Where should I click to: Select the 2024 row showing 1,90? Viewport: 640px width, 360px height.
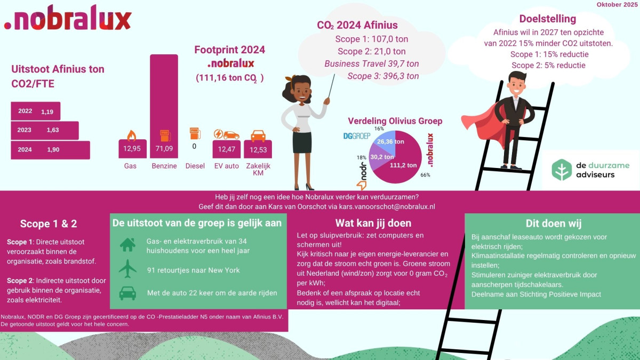(50, 150)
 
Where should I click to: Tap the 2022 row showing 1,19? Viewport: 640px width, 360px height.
(36, 111)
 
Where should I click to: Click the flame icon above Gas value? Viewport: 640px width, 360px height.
(131, 134)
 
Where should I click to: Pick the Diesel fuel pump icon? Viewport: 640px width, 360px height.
(195, 133)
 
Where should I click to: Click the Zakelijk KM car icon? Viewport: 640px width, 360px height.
(258, 135)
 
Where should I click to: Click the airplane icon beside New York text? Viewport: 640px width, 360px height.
(127, 269)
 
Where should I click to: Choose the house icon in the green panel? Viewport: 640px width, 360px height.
(127, 245)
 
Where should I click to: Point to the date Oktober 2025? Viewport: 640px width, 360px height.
(617, 4)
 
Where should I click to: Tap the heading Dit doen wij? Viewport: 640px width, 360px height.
(553, 223)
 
